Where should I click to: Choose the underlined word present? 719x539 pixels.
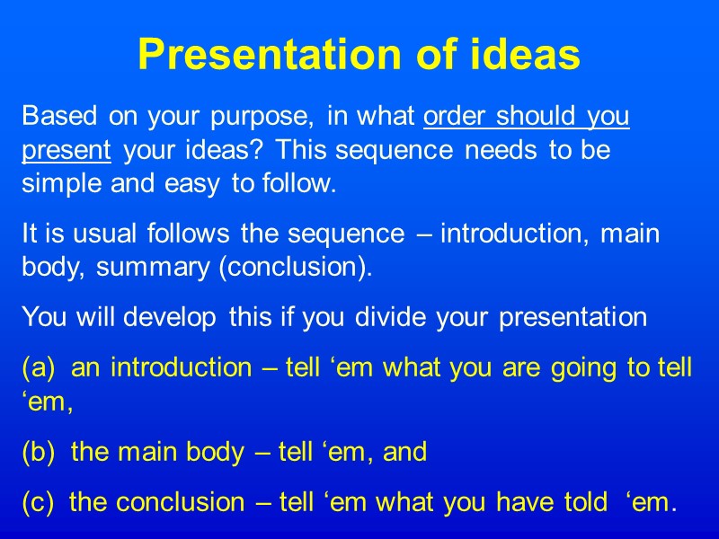pos(66,152)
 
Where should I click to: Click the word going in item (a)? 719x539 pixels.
pos(554,368)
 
